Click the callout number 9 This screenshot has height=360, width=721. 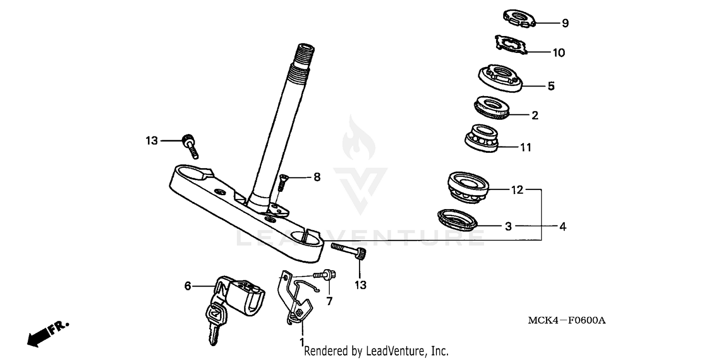tap(565, 23)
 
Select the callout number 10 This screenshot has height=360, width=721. tap(559, 53)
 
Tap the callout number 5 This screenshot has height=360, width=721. tap(551, 87)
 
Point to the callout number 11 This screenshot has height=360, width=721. tap(526, 148)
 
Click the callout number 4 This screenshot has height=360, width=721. tap(562, 226)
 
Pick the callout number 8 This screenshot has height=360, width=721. tap(316, 177)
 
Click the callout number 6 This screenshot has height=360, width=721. tap(188, 286)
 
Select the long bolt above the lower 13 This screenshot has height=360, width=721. tap(348, 250)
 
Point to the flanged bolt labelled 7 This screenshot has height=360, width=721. tap(326, 275)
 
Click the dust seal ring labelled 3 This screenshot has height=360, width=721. tap(457, 219)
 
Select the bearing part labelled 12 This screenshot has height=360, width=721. tap(468, 188)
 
